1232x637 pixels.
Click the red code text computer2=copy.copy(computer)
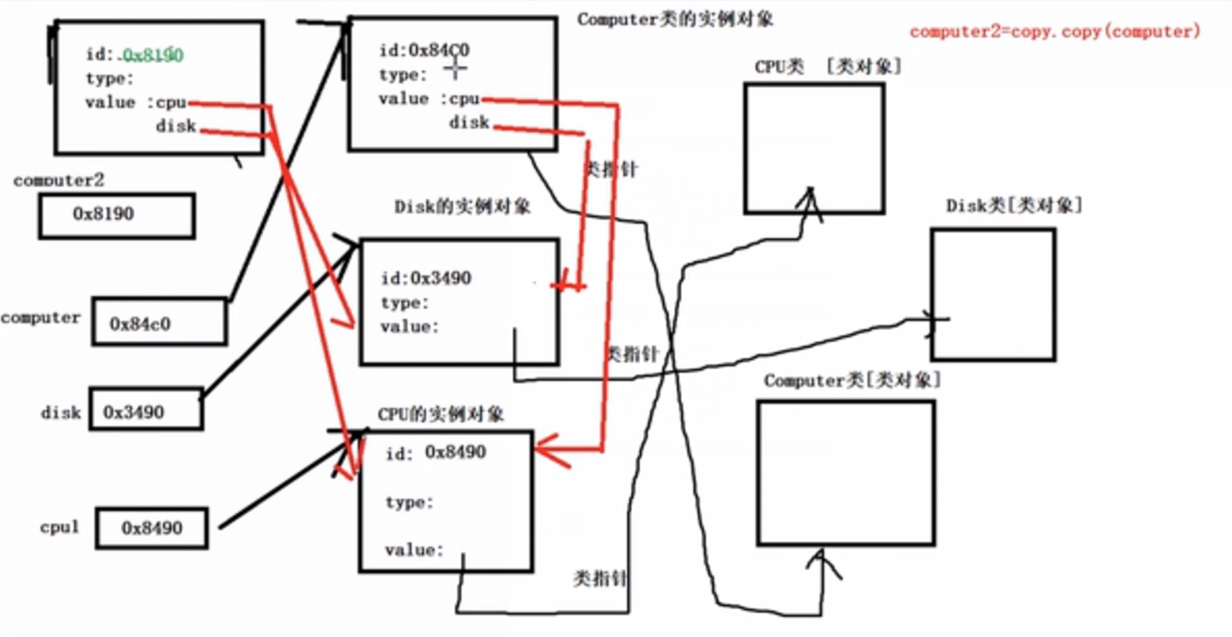[1055, 32]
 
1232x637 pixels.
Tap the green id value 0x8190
[153, 55]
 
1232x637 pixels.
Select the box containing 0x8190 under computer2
[116, 215]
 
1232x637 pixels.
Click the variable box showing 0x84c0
[158, 323]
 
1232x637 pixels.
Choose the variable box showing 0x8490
[152, 528]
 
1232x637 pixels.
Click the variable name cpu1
[60, 527]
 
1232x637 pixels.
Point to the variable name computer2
[59, 180]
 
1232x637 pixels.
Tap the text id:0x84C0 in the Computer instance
[424, 51]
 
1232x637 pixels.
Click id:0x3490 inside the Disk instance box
[425, 279]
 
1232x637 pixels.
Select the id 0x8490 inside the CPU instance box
[455, 452]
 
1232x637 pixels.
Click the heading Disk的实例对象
[462, 206]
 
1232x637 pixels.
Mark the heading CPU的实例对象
[441, 414]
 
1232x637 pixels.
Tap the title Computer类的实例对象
[675, 20]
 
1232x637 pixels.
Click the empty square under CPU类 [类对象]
[814, 148]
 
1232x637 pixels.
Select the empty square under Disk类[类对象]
[993, 295]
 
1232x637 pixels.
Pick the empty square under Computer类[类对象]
[845, 472]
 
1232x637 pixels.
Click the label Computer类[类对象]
[852, 381]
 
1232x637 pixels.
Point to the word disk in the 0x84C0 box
[469, 123]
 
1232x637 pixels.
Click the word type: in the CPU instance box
[409, 503]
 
